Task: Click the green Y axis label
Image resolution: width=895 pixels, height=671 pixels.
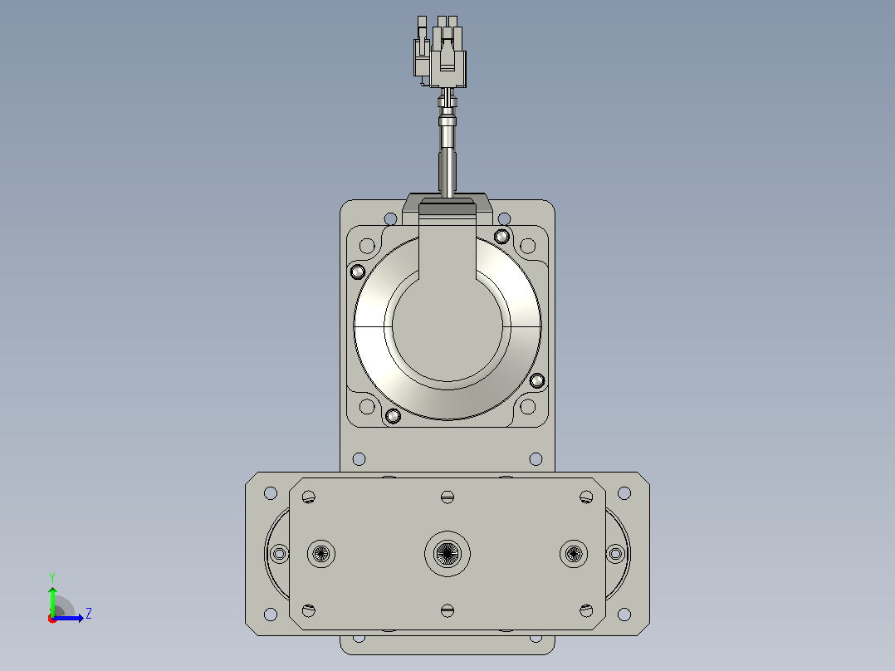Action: click(52, 577)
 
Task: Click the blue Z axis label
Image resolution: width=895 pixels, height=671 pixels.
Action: click(89, 614)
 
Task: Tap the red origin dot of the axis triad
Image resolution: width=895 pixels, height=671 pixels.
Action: click(52, 619)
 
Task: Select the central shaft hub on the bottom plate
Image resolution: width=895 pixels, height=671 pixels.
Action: click(447, 553)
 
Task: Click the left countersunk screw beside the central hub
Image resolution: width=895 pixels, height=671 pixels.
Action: click(321, 553)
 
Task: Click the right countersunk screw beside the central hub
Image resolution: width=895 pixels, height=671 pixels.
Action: click(574, 553)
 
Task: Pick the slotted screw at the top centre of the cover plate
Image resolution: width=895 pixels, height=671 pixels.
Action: click(447, 497)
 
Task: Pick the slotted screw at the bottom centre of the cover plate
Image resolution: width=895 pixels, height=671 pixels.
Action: click(447, 610)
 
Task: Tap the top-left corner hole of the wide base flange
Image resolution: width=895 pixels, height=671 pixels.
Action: click(271, 492)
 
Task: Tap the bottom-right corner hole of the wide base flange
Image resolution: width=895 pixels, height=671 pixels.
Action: click(624, 615)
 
